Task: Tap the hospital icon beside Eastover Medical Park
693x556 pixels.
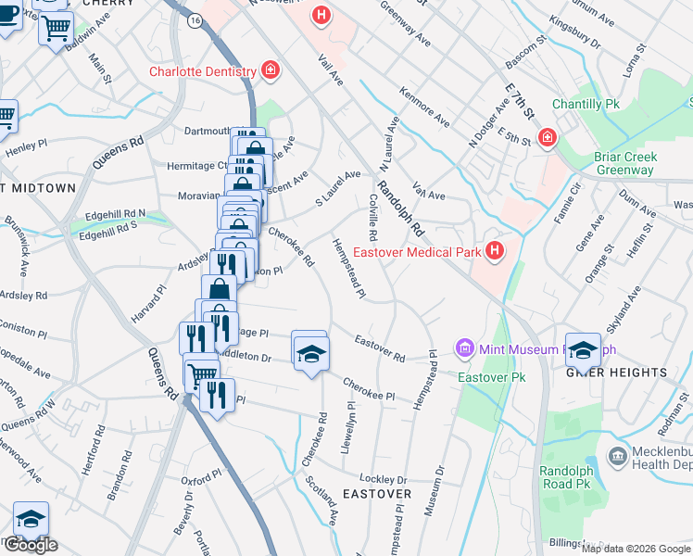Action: click(x=496, y=250)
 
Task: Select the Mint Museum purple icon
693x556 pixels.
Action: click(x=465, y=348)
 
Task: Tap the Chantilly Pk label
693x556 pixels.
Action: click(x=586, y=105)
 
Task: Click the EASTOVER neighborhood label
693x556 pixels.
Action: click(x=377, y=494)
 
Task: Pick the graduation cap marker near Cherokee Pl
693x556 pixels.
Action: click(x=311, y=352)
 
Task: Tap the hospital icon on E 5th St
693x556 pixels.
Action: click(x=548, y=138)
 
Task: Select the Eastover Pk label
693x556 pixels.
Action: click(x=492, y=377)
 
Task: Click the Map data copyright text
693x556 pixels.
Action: click(x=636, y=549)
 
